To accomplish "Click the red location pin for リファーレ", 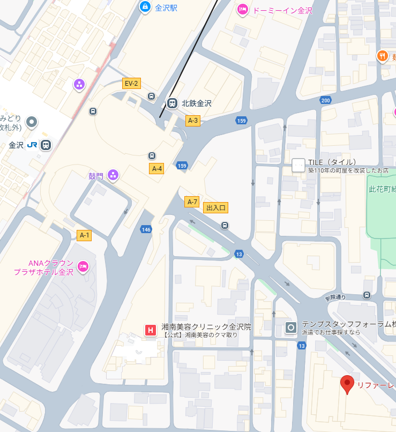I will point(347,384).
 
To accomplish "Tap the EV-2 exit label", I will point(131,83).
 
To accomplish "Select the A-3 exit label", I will point(192,121).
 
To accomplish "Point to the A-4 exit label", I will point(156,169).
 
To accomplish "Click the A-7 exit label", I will point(192,202).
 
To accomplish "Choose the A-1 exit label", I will point(85,235).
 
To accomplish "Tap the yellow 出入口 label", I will point(216,207).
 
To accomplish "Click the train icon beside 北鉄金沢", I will point(172,103).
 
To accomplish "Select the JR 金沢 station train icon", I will point(46,145).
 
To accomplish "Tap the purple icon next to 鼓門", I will point(113,175).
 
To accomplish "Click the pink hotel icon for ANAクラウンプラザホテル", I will point(83,266).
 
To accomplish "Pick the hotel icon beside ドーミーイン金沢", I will point(242,9).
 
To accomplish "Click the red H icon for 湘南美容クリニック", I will point(151,330).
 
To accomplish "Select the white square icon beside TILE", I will point(298,165).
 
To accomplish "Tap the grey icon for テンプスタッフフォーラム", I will point(291,327).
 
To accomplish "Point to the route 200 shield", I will point(325,100).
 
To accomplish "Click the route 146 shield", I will point(146,229).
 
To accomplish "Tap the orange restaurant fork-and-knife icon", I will point(382,55).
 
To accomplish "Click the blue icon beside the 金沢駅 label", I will point(144,7).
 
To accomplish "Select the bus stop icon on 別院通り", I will point(367,295).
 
